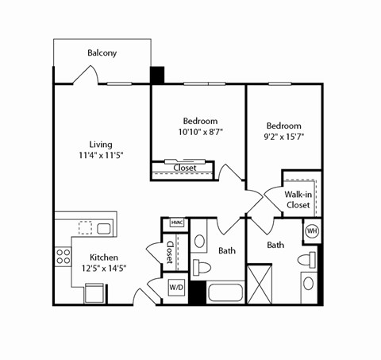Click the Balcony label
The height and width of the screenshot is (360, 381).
coord(102,53)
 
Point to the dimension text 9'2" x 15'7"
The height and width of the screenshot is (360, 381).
coord(283,137)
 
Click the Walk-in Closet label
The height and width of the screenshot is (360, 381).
coord(298,199)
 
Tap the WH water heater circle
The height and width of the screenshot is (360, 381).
coord(312,231)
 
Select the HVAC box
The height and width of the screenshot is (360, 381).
coord(177,223)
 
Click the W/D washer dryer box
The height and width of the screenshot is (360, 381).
coord(176,288)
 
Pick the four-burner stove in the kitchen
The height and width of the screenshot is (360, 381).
coord(63,257)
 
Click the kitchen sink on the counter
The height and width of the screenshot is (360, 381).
coord(103,229)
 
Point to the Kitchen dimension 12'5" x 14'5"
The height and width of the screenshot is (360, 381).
coord(104,269)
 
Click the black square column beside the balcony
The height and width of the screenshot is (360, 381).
coord(157,75)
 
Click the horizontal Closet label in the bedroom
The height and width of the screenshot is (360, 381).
coord(185,168)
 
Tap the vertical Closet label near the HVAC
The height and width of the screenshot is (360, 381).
coord(170,252)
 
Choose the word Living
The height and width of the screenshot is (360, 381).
coord(101,145)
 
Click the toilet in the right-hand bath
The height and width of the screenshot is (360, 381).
coord(306,259)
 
